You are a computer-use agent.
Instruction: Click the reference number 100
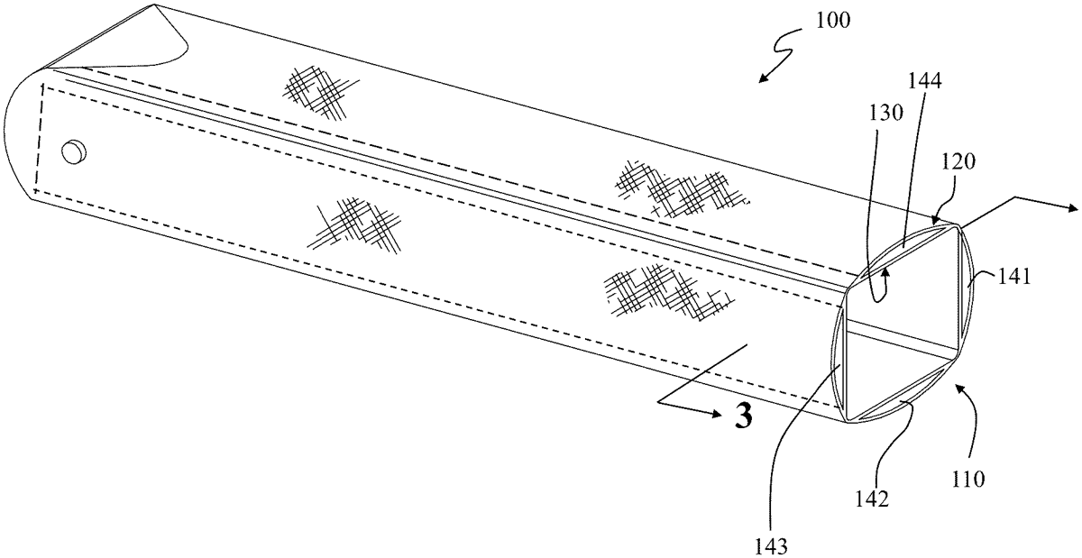[x=833, y=22]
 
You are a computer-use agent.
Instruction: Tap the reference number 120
[x=958, y=161]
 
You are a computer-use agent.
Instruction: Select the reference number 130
[x=886, y=113]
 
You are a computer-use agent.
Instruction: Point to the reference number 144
[x=925, y=81]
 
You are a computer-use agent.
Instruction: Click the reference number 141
[x=1013, y=278]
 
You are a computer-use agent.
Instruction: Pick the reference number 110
[x=968, y=480]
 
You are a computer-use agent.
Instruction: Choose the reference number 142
[x=872, y=499]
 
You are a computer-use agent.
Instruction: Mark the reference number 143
[x=771, y=547]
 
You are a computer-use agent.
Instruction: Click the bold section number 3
[x=743, y=416]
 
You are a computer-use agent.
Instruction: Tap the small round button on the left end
[x=74, y=151]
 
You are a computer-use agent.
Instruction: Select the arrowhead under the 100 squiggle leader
[x=763, y=78]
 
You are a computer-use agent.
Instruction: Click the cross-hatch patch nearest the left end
[x=320, y=92]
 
